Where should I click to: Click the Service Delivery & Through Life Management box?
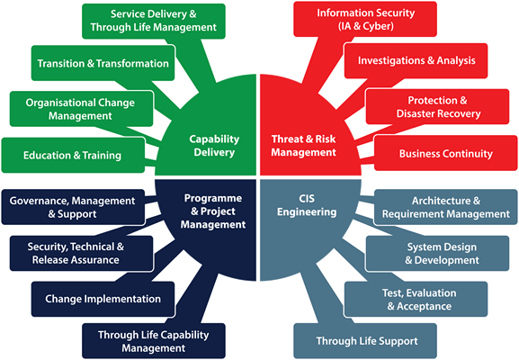pyautogui.click(x=154, y=21)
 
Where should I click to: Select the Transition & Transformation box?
pyautogui.click(x=103, y=63)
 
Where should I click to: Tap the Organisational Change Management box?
pyautogui.click(x=82, y=109)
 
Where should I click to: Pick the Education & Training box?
pyautogui.click(x=73, y=155)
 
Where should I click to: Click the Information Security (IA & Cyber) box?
pyautogui.click(x=365, y=19)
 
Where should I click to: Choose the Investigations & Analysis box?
pyautogui.click(x=416, y=60)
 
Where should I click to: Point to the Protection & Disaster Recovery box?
pyautogui.click(x=437, y=106)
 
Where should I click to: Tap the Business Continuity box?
pyautogui.click(x=446, y=153)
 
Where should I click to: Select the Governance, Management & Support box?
pyautogui.click(x=73, y=207)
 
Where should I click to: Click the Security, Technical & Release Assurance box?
pyautogui.click(x=82, y=254)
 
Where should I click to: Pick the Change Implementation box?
pyautogui.click(x=103, y=299)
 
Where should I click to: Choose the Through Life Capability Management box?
pyautogui.click(x=154, y=341)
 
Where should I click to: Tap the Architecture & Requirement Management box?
pyautogui.click(x=446, y=207)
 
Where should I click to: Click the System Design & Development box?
pyautogui.click(x=437, y=254)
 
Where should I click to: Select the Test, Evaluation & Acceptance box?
pyautogui.click(x=416, y=299)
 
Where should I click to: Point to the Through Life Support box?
pyautogui.click(x=365, y=341)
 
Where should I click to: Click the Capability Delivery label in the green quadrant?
pyautogui.click(x=214, y=146)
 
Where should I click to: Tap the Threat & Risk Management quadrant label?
pyautogui.click(x=303, y=146)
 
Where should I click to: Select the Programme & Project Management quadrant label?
pyautogui.click(x=213, y=211)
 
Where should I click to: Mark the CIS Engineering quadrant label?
pyautogui.click(x=307, y=205)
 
